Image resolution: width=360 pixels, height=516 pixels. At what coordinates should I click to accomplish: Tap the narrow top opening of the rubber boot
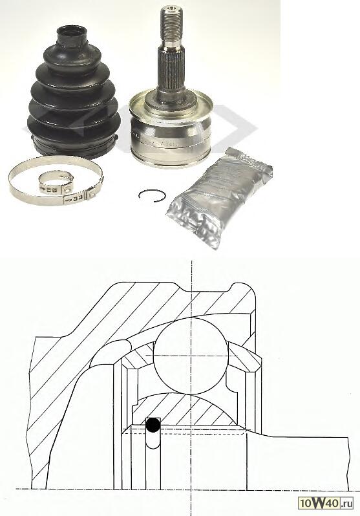point(72,31)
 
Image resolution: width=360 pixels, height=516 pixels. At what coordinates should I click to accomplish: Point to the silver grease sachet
point(220,197)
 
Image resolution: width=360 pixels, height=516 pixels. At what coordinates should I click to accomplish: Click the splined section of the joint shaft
point(171,69)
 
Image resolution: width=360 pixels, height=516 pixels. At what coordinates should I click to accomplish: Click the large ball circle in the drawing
point(191,356)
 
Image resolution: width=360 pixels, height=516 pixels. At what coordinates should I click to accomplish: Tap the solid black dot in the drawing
point(153,425)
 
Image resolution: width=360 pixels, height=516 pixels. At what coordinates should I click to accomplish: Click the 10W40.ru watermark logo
point(326,503)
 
